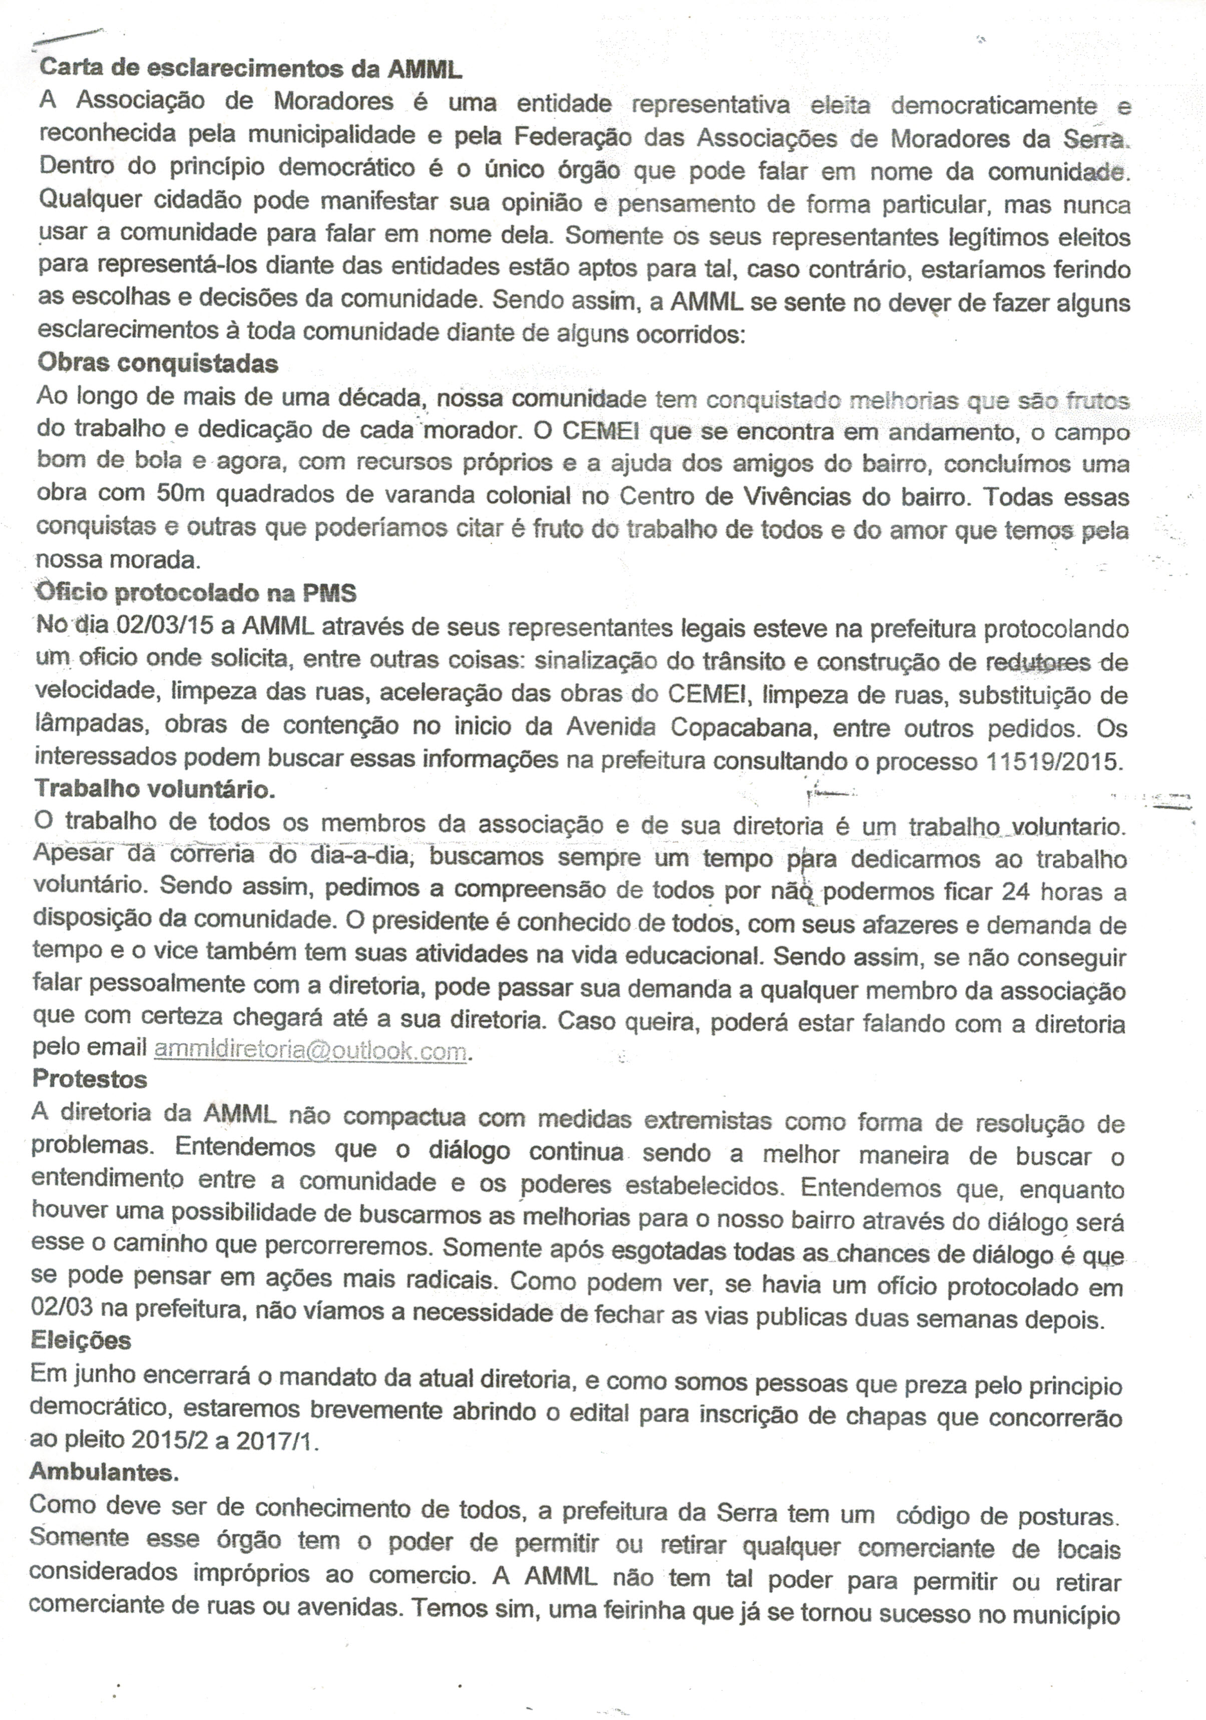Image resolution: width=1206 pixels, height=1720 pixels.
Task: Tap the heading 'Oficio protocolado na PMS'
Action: coord(196,593)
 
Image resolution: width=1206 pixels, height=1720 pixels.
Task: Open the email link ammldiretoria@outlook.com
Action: coord(310,1050)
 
